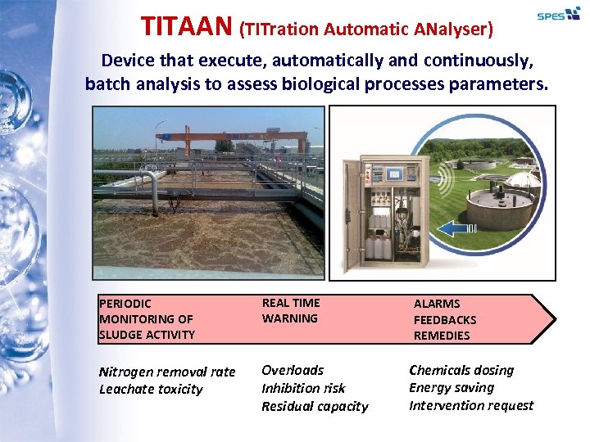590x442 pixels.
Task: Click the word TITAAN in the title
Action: pyautogui.click(x=187, y=26)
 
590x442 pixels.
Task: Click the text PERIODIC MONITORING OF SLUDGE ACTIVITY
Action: pyautogui.click(x=147, y=318)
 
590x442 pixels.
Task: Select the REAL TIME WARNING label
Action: pyautogui.click(x=291, y=310)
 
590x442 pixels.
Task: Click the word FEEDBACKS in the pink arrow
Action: pyautogui.click(x=444, y=319)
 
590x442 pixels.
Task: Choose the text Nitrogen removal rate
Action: pyautogui.click(x=167, y=372)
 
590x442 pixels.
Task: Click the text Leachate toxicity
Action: pyautogui.click(x=151, y=389)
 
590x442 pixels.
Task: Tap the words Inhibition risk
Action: pyautogui.click(x=303, y=388)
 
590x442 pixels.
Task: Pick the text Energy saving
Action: pyautogui.click(x=452, y=387)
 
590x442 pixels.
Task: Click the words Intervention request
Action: pyautogui.click(x=471, y=405)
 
